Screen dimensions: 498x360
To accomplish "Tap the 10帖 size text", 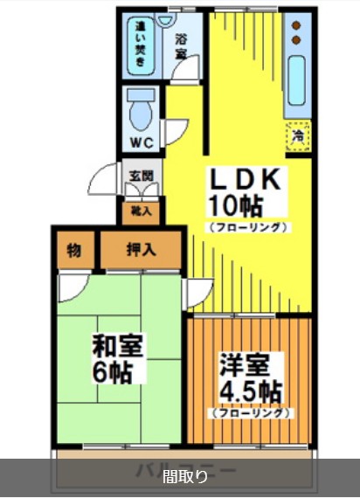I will coord(235,205).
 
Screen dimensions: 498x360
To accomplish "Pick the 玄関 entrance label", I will coord(141,176).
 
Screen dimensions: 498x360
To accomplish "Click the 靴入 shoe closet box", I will coord(141,211).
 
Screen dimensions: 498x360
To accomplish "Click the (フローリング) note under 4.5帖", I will coord(249,412).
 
